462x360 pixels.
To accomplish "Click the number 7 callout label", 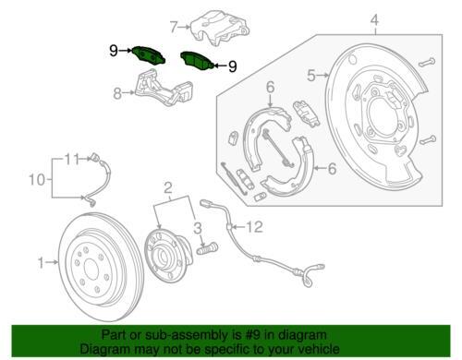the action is (x=175, y=27).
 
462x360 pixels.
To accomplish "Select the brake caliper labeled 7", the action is (x=219, y=29).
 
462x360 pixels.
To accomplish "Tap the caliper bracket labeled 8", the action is (x=164, y=89).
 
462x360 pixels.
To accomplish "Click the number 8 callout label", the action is (x=117, y=92).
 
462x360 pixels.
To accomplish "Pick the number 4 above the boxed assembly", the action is (x=375, y=20).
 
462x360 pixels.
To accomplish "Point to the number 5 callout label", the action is (x=311, y=75).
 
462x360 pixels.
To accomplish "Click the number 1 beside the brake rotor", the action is (x=42, y=262).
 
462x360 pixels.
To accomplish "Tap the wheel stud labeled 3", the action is (x=207, y=248).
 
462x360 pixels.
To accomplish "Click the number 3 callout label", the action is (x=198, y=228).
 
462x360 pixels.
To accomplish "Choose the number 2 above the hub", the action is (x=168, y=187).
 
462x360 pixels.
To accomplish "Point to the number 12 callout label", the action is (x=254, y=227).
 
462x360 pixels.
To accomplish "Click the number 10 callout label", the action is (x=37, y=179).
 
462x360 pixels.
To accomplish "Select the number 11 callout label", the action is (x=72, y=159).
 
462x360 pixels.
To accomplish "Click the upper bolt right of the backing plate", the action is (x=427, y=63).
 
